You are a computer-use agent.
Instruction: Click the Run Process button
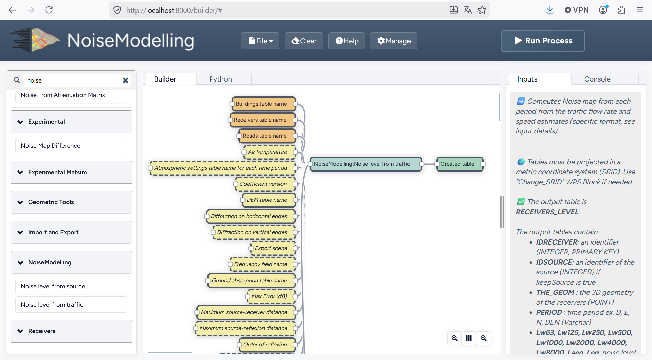click(x=542, y=41)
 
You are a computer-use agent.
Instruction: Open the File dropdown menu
click(x=260, y=41)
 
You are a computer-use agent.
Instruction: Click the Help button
click(x=346, y=41)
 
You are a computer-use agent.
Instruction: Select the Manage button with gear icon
click(x=394, y=41)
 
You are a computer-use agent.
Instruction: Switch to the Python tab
click(x=221, y=79)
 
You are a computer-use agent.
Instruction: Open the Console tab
click(x=597, y=79)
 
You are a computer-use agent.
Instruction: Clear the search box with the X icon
click(x=125, y=80)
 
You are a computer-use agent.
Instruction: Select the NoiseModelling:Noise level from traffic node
click(x=366, y=164)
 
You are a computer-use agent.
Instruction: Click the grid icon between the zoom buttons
click(x=469, y=338)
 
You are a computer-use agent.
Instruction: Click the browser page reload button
click(x=49, y=10)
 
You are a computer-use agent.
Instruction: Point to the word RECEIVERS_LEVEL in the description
click(x=547, y=212)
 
